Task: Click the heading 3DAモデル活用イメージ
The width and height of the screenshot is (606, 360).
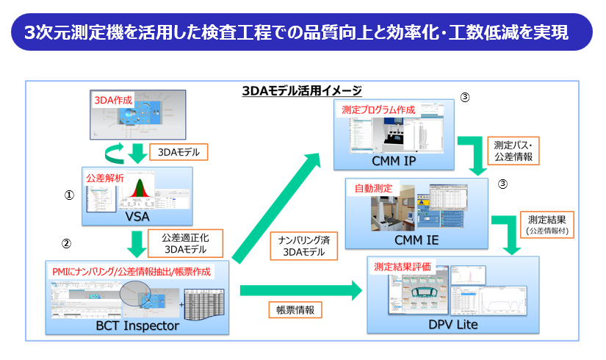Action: tap(302, 91)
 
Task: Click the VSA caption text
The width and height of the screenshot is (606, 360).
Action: tap(137, 217)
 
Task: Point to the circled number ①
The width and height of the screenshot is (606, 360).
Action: tap(68, 196)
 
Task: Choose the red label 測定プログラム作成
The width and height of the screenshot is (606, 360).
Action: tap(378, 109)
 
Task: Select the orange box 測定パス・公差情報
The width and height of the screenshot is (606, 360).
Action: tap(513, 151)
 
